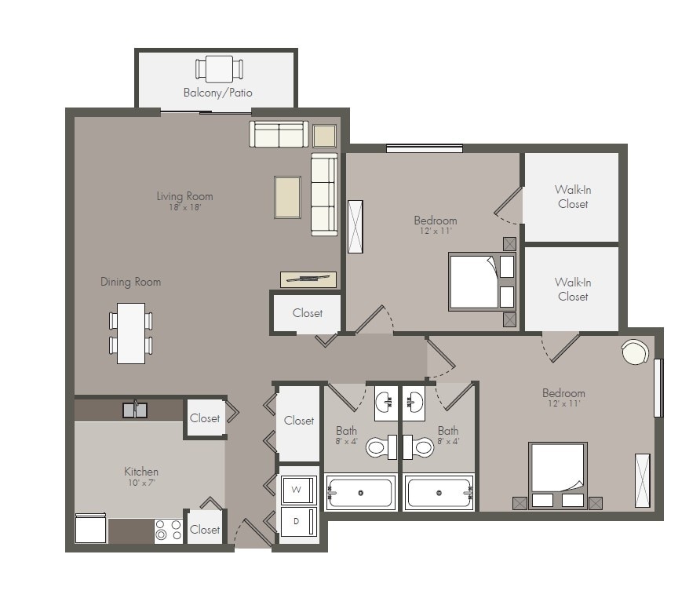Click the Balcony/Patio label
click(217, 93)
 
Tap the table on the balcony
click(219, 68)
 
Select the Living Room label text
click(184, 196)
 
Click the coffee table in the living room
click(287, 197)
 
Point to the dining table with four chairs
click(131, 333)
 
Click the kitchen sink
click(135, 410)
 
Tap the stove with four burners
click(168, 531)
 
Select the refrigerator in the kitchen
click(90, 528)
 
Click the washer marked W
click(297, 490)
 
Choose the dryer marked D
click(297, 522)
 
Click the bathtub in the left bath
click(360, 493)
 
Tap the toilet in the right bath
click(421, 447)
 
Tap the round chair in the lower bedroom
click(635, 352)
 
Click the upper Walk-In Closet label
click(573, 196)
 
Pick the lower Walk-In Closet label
click(573, 289)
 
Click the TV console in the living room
click(308, 279)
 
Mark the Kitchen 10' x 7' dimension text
click(141, 483)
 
